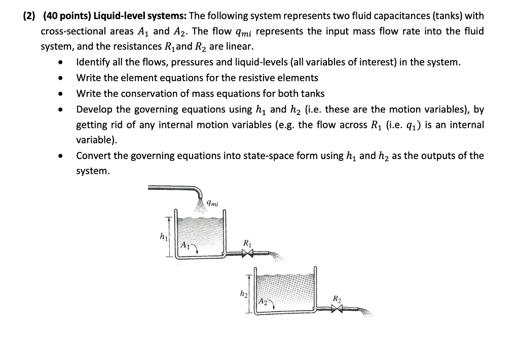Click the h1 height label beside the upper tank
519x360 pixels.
[163, 236]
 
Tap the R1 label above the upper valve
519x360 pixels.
[246, 243]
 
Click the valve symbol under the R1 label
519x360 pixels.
[247, 255]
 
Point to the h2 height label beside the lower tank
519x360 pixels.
[244, 294]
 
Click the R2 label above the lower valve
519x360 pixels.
[337, 299]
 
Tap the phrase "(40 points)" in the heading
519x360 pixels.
[66, 16]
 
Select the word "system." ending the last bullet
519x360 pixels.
[93, 171]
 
